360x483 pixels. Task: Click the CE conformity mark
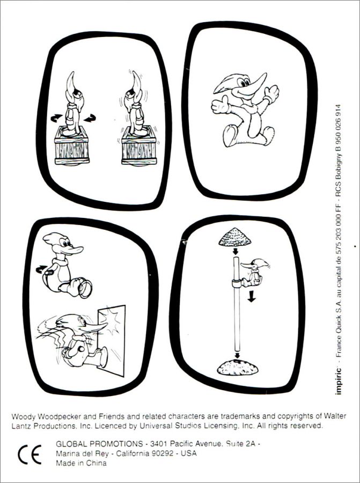(x=30, y=455)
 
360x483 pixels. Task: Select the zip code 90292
(x=163, y=453)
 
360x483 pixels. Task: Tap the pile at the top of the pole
(x=234, y=237)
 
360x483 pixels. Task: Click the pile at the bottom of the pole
(x=238, y=367)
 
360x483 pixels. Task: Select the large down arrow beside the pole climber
(x=252, y=296)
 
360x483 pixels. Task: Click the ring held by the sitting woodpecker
(x=85, y=289)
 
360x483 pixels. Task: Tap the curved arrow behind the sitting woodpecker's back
(x=41, y=269)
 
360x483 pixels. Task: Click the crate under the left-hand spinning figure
(x=72, y=146)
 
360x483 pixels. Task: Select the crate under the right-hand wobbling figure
(x=139, y=146)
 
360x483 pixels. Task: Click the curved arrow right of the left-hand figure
(x=90, y=118)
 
